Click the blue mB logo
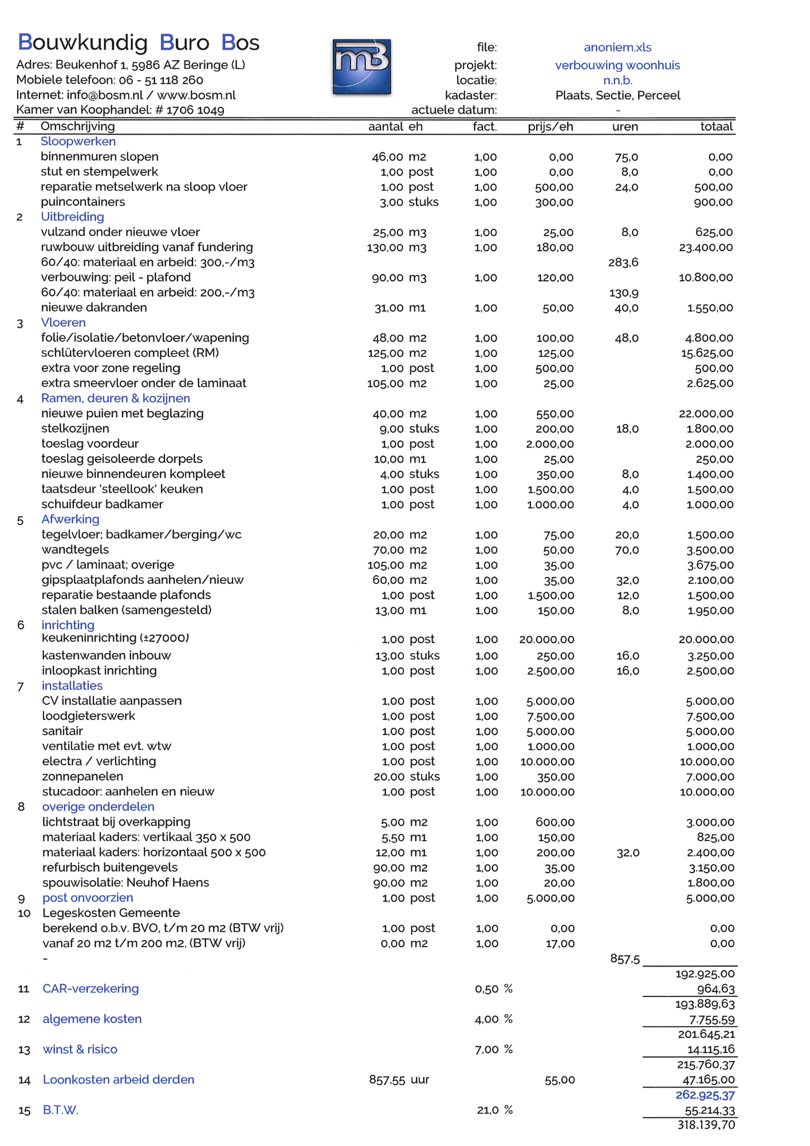(361, 66)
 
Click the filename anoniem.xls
(617, 48)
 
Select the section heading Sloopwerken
(78, 142)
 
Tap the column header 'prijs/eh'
(550, 127)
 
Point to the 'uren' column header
(624, 127)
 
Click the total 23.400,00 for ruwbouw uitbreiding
(705, 248)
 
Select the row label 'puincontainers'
(82, 202)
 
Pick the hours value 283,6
(623, 262)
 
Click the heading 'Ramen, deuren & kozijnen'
(115, 398)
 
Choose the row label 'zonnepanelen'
(82, 776)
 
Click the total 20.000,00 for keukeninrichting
(706, 639)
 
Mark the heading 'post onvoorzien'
(88, 898)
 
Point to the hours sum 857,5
(624, 959)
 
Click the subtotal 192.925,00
(705, 974)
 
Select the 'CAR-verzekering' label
(91, 988)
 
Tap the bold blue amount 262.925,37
(705, 1095)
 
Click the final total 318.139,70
(706, 1125)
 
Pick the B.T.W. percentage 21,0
(487, 1110)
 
